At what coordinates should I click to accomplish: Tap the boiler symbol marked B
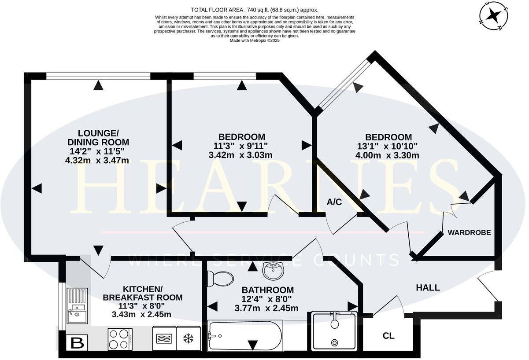[x=77, y=343]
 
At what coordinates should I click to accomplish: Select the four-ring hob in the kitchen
[x=120, y=339]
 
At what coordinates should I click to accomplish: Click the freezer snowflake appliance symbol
[x=188, y=338]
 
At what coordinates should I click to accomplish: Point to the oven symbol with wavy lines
[x=164, y=338]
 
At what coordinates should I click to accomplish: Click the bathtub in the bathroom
[x=244, y=335]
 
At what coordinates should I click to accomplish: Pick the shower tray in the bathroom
[x=334, y=331]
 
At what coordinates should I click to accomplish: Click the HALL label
[x=428, y=288]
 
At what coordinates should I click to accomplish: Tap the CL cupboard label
[x=388, y=336]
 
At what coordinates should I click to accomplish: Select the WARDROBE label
[x=469, y=232]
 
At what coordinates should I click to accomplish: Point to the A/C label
[x=334, y=202]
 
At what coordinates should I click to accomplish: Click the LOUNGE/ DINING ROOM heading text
[x=98, y=137]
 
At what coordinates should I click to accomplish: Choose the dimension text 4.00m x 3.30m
[x=387, y=155]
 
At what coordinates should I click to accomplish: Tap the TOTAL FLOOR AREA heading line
[x=255, y=10]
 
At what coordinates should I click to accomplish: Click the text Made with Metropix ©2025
[x=255, y=40]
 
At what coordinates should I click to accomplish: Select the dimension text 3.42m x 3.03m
[x=240, y=155]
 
